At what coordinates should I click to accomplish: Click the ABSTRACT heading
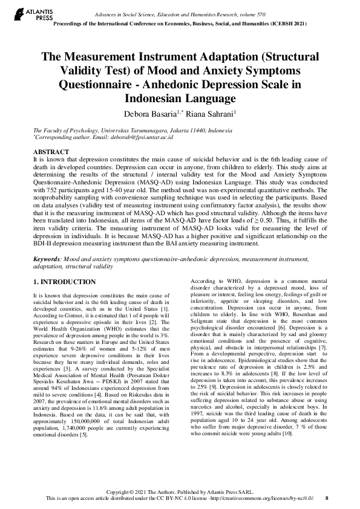click(51, 152)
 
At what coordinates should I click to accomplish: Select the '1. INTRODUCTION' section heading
click(64, 282)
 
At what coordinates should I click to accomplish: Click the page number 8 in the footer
click(327, 498)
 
